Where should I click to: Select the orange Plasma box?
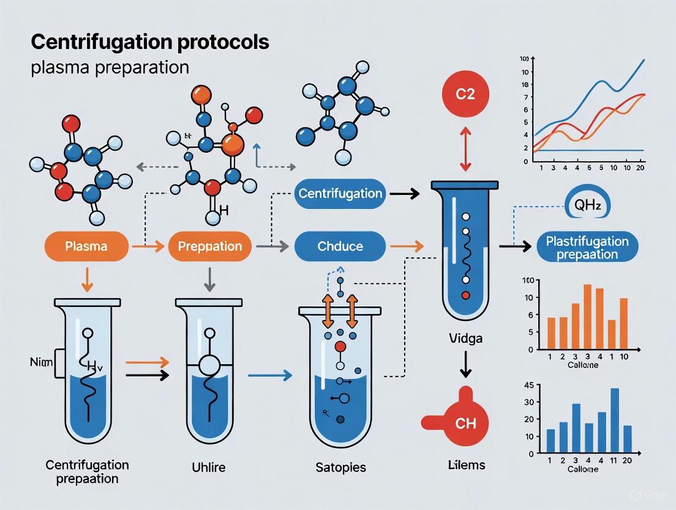[86, 246]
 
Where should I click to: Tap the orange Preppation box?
[209, 246]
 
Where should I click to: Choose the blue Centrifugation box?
[340, 194]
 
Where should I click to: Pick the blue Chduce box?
[340, 246]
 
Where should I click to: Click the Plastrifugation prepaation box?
[587, 247]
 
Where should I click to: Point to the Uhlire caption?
[209, 467]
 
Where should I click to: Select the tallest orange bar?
[587, 316]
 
